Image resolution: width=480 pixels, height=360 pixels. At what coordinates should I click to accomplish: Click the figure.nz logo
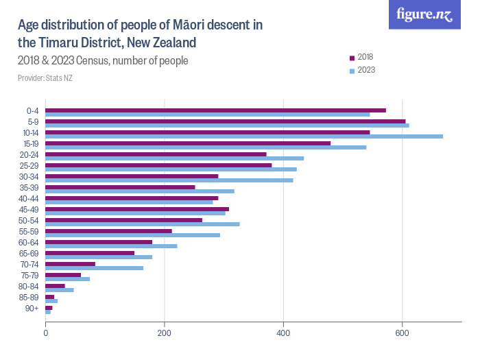tap(425, 14)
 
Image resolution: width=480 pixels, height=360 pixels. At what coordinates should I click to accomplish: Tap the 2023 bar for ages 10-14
tap(244, 136)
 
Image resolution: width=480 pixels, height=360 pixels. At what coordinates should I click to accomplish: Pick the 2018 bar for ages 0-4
tap(215, 110)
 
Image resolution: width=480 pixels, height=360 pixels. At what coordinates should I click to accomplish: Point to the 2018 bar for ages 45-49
tap(137, 209)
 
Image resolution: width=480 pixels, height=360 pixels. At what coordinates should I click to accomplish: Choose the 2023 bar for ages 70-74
tap(94, 268)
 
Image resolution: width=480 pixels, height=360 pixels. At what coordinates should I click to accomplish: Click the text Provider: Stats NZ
tap(45, 78)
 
